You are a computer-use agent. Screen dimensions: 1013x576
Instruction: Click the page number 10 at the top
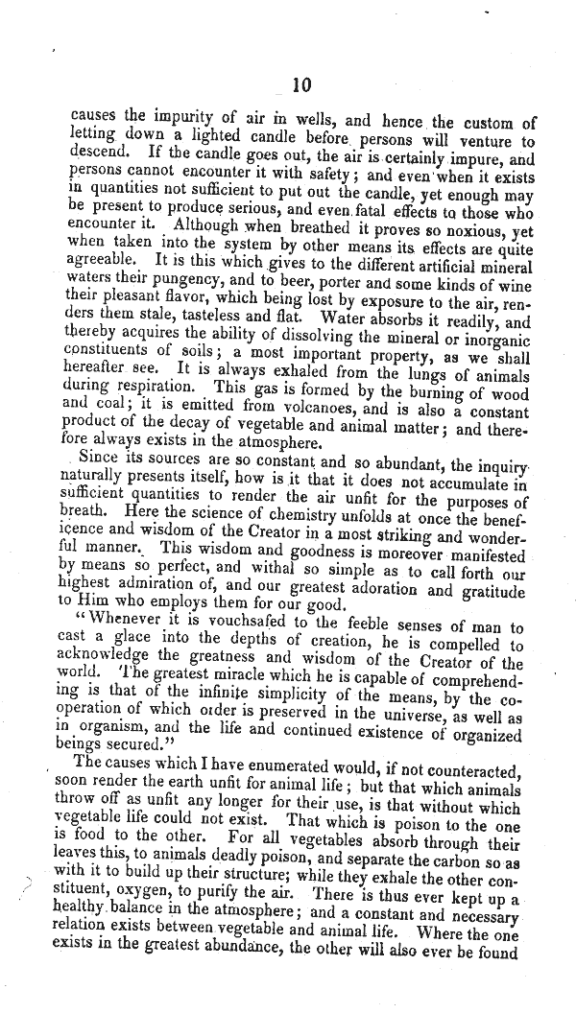coord(300,85)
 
